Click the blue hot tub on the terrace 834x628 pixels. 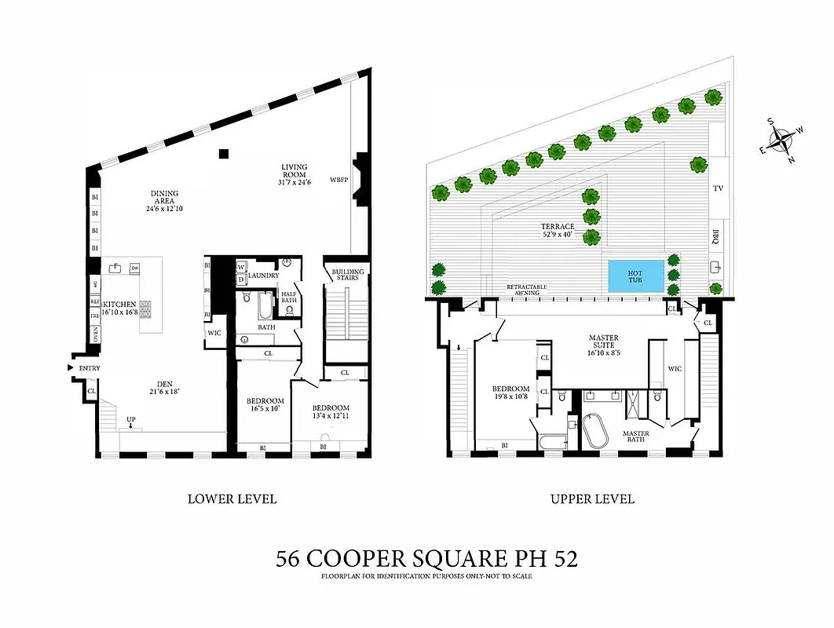coord(634,276)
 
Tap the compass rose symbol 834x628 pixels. coord(782,142)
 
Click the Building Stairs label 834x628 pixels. coord(344,274)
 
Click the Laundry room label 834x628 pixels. coord(264,275)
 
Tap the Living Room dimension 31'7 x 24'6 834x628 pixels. coord(295,182)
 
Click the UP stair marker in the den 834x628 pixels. coord(130,420)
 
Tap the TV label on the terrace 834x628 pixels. coord(717,188)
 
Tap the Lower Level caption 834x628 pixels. coord(232,498)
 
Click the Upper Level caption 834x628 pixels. coord(592,498)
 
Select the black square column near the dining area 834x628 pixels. coord(224,154)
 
